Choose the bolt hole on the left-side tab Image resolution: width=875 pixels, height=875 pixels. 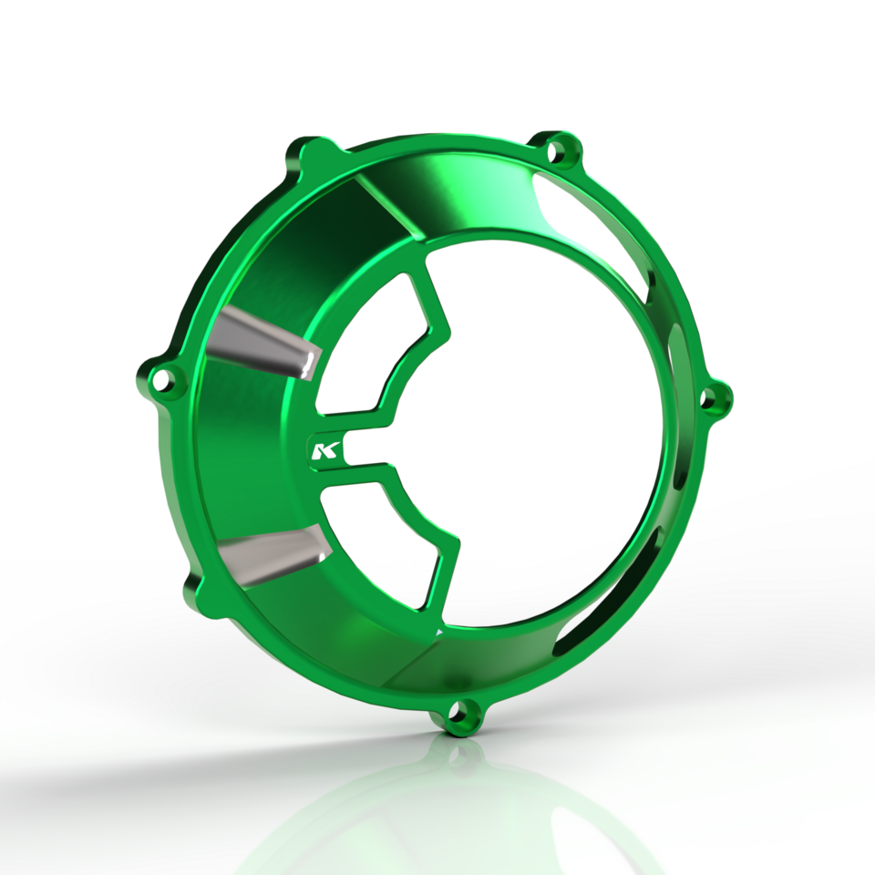point(165,379)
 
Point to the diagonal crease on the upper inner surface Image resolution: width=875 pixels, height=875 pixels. point(383,205)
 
